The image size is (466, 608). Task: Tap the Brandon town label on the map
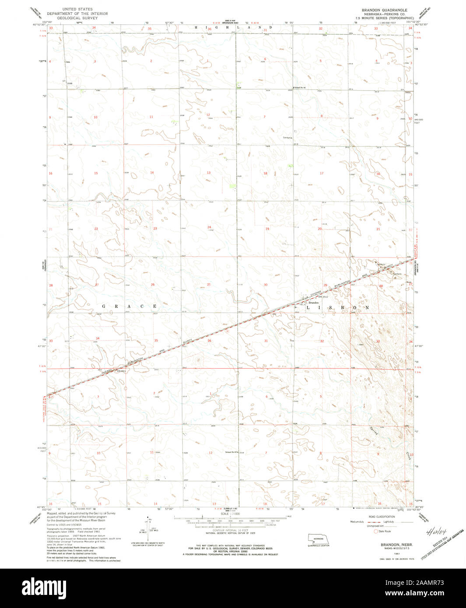[313, 303]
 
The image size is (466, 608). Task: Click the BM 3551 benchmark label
[120, 372]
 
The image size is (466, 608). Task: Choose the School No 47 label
[231, 452]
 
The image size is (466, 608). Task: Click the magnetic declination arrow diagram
[149, 529]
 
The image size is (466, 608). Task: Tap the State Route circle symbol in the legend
[375, 531]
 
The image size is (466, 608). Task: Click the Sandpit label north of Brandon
[287, 137]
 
